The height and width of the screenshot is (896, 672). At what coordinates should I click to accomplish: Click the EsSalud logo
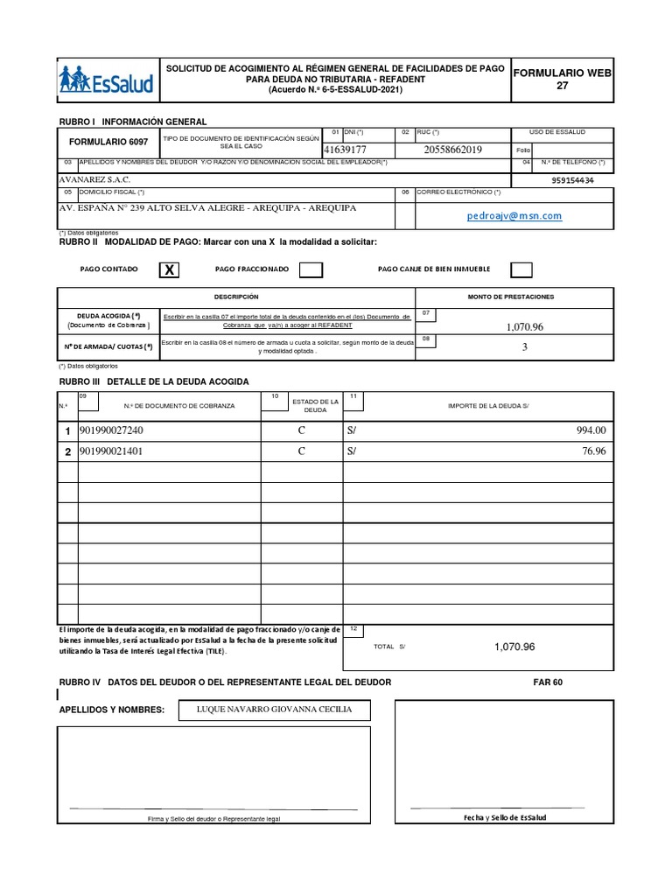[x=106, y=80]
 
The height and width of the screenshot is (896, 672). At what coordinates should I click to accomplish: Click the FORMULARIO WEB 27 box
[x=562, y=80]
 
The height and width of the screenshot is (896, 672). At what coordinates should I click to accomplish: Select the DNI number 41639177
[x=345, y=150]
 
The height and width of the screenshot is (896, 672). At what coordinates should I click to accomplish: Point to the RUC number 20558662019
[x=452, y=150]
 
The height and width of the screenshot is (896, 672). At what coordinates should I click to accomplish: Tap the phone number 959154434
[x=573, y=180]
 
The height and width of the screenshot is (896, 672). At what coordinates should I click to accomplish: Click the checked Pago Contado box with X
[x=171, y=270]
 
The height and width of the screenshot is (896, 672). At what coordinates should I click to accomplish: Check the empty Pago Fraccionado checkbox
[x=310, y=269]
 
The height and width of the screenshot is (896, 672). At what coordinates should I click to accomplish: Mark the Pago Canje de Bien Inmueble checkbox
[x=521, y=269]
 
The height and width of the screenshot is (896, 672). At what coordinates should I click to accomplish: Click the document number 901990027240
[x=111, y=430]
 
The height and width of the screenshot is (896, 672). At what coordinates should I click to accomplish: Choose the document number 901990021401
[x=111, y=451]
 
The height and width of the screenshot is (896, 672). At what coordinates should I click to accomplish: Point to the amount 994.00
[x=591, y=430]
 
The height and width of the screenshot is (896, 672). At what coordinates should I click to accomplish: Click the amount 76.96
[x=593, y=451]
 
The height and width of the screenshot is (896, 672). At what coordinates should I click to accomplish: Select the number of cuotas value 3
[x=524, y=346]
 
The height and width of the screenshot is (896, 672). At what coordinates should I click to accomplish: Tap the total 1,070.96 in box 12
[x=514, y=647]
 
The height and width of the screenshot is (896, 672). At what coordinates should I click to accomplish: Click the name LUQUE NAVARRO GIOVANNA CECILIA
[x=275, y=709]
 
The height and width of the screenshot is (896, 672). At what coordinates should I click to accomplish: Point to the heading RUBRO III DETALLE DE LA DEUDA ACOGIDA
[x=153, y=381]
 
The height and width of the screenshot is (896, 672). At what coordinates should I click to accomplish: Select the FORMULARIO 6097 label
[x=108, y=142]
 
